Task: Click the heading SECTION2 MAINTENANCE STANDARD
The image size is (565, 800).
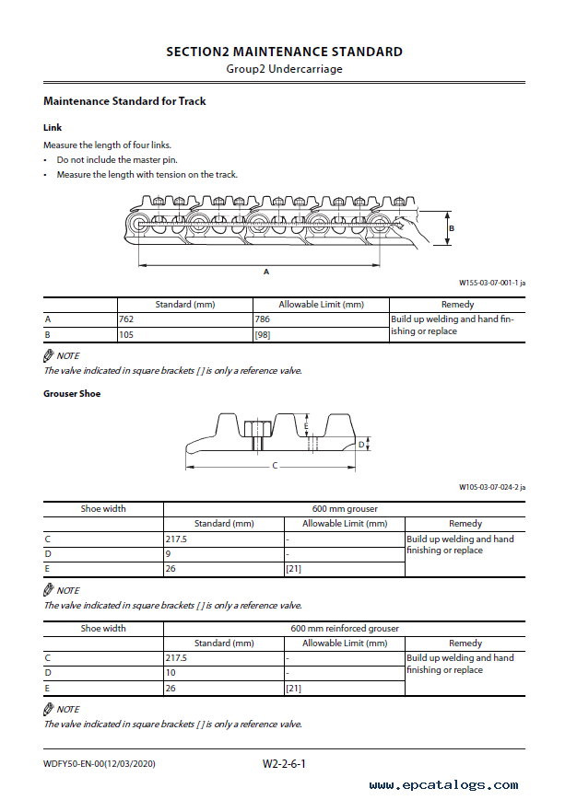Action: (x=284, y=52)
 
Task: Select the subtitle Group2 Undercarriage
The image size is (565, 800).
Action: (x=284, y=69)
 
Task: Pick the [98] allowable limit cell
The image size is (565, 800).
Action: (x=263, y=334)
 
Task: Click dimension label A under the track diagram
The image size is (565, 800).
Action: (x=266, y=272)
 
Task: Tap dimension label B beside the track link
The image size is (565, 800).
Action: (x=452, y=227)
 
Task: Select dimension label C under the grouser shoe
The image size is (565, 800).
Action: (x=275, y=466)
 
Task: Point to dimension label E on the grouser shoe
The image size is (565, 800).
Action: (x=306, y=426)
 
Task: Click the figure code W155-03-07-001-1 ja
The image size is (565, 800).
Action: (x=491, y=284)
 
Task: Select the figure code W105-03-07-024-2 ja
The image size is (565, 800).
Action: (x=491, y=487)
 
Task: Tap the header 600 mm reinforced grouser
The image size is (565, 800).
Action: (x=345, y=629)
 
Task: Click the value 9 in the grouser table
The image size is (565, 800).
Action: (x=169, y=554)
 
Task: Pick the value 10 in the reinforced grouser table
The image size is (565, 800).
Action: (x=171, y=673)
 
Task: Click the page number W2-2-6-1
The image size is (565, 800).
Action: (x=284, y=763)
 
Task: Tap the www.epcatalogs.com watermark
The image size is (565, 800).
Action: (x=443, y=785)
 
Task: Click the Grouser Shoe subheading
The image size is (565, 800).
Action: (x=72, y=393)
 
